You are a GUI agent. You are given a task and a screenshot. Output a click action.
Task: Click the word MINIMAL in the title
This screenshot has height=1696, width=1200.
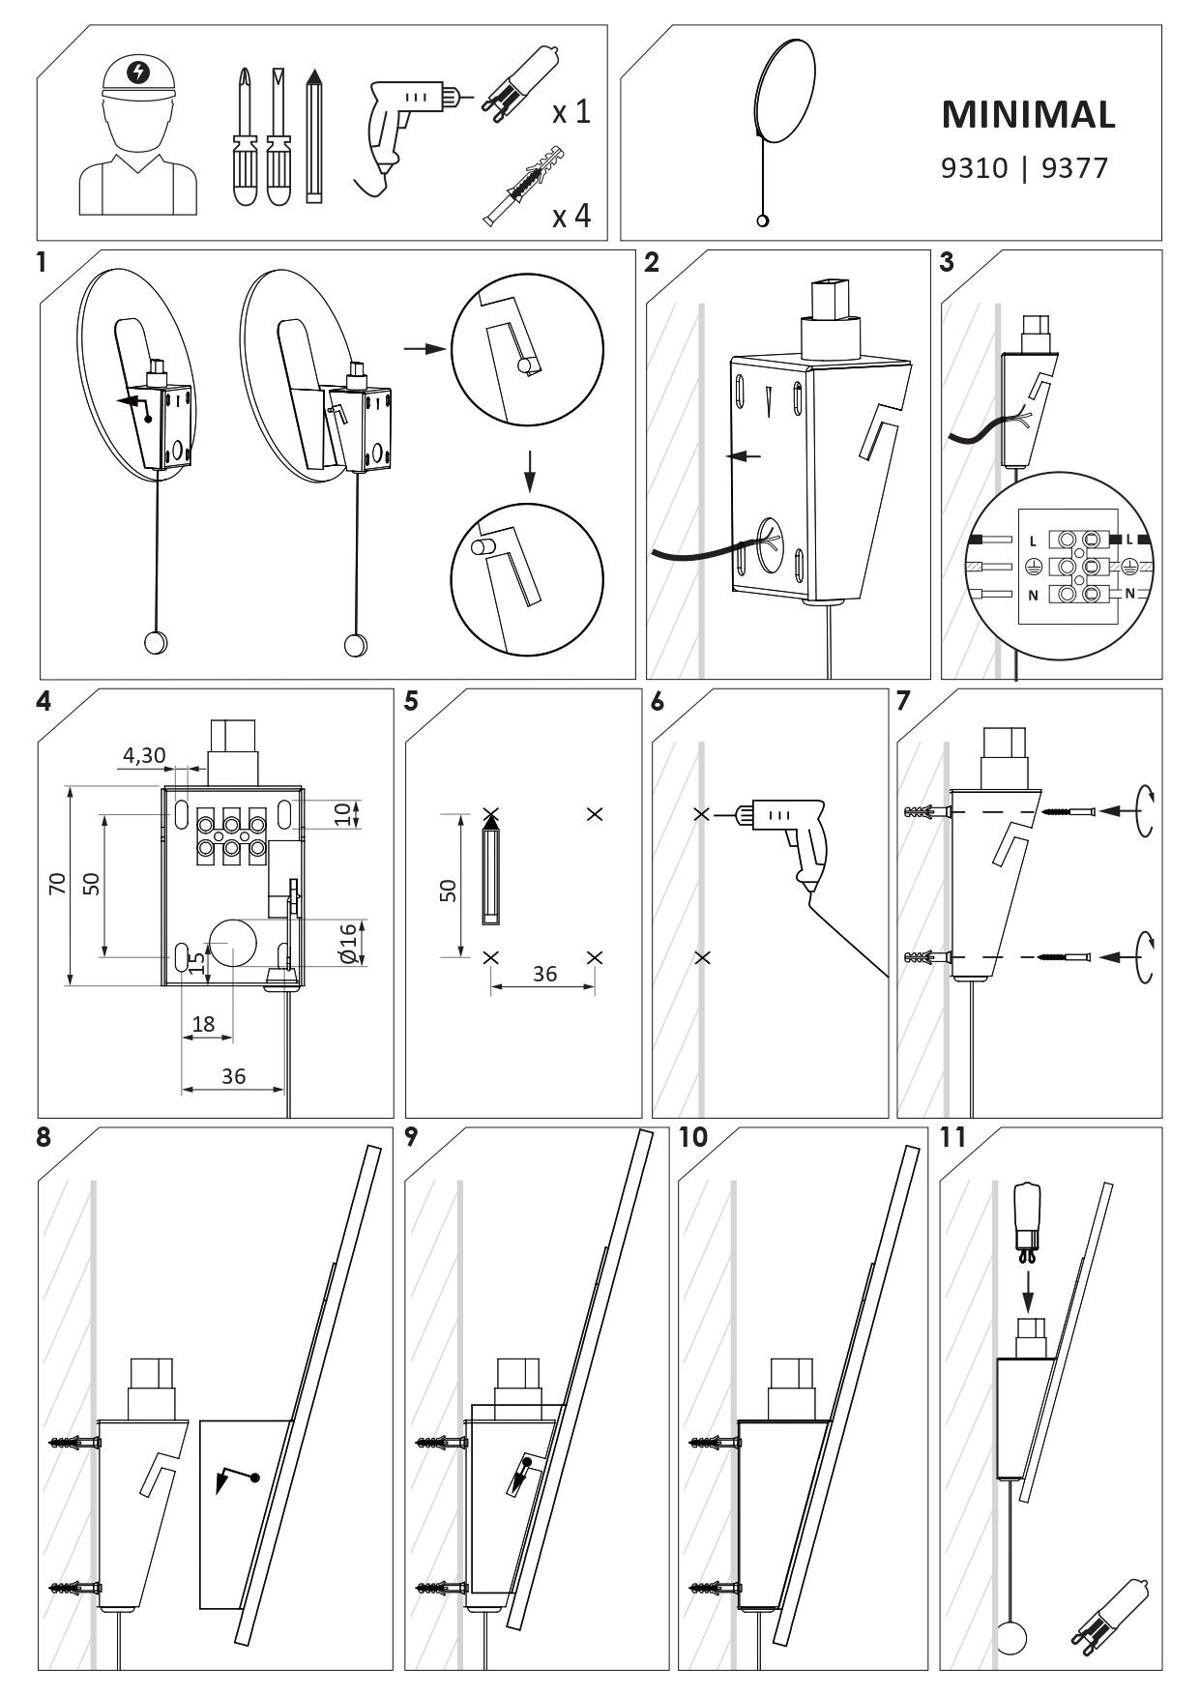click(x=1028, y=114)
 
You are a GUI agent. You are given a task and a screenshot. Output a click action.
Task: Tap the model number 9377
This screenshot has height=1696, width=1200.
click(x=1074, y=169)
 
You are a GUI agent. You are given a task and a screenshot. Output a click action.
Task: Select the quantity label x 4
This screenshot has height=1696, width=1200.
click(x=571, y=215)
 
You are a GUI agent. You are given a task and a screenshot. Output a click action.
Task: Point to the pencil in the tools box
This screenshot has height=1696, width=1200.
click(x=313, y=135)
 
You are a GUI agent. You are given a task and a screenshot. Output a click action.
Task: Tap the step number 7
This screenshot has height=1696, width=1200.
click(x=904, y=701)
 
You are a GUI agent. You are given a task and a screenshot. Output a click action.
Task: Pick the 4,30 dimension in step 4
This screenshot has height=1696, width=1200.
click(x=144, y=755)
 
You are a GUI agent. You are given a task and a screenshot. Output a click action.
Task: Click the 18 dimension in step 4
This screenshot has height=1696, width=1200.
click(x=203, y=1024)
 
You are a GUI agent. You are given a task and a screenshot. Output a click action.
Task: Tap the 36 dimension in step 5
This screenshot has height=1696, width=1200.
click(x=544, y=974)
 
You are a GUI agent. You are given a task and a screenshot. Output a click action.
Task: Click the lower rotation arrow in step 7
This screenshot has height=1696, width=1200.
click(x=1146, y=956)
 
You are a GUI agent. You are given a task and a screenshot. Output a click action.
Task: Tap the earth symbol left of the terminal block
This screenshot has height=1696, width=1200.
click(x=1032, y=566)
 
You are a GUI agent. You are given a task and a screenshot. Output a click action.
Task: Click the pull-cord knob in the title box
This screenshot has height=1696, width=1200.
click(x=763, y=221)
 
